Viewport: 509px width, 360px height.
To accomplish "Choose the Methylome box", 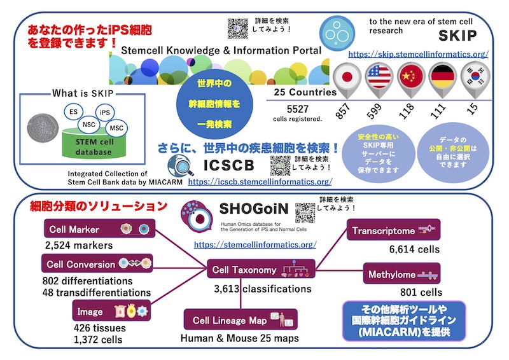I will (401, 275).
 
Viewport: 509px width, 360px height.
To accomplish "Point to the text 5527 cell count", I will (297, 107).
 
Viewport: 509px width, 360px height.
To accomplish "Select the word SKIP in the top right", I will (456, 35).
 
